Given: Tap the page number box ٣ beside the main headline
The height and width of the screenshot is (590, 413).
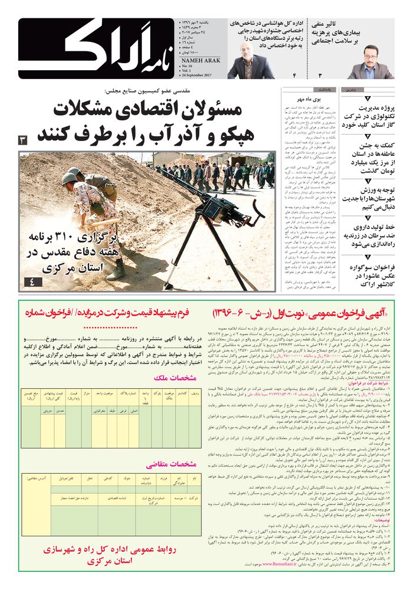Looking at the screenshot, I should pyautogui.click(x=23, y=140).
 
